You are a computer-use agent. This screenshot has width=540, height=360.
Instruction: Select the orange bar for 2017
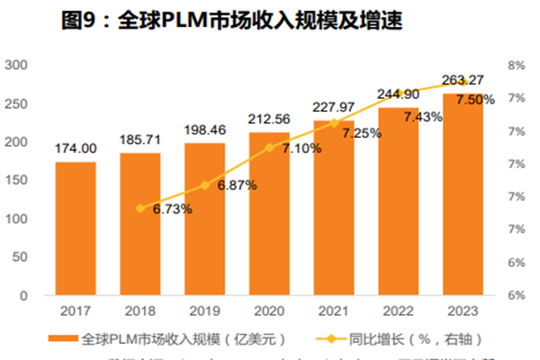pyautogui.click(x=75, y=229)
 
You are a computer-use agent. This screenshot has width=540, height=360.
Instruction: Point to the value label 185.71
pyautogui.click(x=139, y=141)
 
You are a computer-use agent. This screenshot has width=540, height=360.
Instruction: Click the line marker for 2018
pyautogui.click(x=139, y=208)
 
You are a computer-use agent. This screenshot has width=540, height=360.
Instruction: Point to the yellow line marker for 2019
pyautogui.click(x=204, y=185)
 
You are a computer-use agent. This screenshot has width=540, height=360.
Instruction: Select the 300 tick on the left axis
pyautogui.click(x=15, y=65)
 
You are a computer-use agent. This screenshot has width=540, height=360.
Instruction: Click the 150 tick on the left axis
pyautogui.click(x=15, y=180)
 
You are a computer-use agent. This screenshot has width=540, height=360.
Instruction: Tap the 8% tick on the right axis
pyautogui.click(x=517, y=65)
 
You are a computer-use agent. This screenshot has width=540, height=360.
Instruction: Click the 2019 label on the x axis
pyautogui.click(x=204, y=310)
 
